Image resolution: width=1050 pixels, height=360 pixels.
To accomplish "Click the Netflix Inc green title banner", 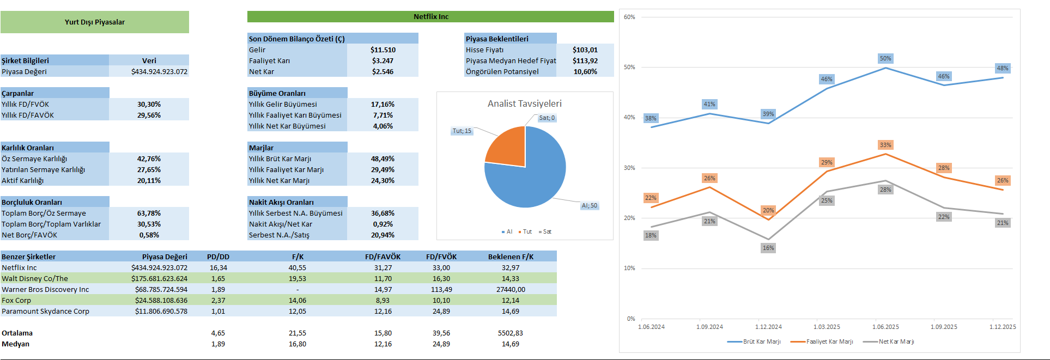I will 430,16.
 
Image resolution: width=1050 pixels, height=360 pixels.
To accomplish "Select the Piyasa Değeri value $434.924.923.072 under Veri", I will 159,71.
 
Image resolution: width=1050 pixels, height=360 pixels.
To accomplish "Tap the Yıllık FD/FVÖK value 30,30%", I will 149,104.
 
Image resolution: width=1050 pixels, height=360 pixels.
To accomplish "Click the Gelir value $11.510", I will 383,50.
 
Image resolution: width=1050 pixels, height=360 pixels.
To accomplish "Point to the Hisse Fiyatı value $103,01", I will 585,50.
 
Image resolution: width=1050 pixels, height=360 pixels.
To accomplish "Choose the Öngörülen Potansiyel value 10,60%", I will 585,71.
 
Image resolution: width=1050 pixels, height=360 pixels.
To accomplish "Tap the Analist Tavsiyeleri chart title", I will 524,103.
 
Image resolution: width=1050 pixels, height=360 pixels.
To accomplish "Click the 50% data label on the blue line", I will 885,58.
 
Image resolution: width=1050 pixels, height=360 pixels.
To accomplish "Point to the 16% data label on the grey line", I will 768,248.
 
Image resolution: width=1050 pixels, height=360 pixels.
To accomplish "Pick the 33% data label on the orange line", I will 885,145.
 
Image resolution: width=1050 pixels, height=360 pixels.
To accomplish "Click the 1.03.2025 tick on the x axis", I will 827,327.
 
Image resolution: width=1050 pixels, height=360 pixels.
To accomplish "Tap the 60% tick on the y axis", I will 629,17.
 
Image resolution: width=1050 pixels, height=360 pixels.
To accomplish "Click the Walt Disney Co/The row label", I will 35,278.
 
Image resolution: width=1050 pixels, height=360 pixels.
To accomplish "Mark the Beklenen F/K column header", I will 511,257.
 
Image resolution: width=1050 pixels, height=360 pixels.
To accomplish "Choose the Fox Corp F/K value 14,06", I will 297,300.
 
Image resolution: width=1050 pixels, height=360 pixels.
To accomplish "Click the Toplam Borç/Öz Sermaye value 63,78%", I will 149,213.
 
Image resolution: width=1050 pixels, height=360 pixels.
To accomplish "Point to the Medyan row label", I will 15,344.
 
